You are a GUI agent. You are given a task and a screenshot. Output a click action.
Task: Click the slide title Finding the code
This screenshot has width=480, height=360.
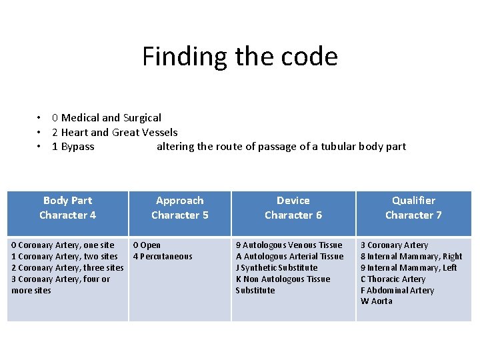pyautogui.click(x=239, y=57)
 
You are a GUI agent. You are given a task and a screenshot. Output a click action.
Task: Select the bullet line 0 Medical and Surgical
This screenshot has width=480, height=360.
pyautogui.click(x=107, y=118)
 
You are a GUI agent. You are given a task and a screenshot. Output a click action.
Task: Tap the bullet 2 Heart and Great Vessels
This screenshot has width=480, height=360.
pyautogui.click(x=115, y=132)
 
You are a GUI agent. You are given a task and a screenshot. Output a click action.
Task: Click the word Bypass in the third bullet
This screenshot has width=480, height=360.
pyautogui.click(x=77, y=147)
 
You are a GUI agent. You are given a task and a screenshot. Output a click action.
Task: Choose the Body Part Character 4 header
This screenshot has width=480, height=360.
pyautogui.click(x=67, y=207)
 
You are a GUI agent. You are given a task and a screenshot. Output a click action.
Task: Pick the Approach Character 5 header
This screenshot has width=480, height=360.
pyautogui.click(x=180, y=207)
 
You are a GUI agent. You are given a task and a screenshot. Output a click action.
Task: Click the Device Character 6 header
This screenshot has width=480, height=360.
pyautogui.click(x=293, y=207)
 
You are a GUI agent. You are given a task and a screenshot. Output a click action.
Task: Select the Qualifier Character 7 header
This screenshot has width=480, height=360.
pyautogui.click(x=413, y=207)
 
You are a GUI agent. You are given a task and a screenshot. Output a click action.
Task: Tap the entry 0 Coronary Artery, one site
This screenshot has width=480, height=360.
pyautogui.click(x=63, y=245)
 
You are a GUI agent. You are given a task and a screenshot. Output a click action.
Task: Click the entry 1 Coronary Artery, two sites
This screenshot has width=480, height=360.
pyautogui.click(x=65, y=256)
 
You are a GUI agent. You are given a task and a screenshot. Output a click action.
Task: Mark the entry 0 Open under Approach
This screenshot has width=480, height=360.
pyautogui.click(x=147, y=245)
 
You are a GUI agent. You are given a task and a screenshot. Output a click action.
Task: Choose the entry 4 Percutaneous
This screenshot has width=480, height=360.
pyautogui.click(x=163, y=256)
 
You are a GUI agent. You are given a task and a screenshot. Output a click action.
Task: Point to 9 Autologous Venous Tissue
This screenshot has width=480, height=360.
pyautogui.click(x=289, y=245)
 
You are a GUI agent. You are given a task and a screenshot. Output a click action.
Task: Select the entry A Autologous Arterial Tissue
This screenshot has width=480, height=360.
pyautogui.click(x=289, y=256)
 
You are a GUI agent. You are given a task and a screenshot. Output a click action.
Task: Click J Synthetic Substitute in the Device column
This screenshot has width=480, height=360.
pyautogui.click(x=277, y=267)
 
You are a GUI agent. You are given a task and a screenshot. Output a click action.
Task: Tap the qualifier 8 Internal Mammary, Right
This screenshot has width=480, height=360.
pyautogui.click(x=411, y=256)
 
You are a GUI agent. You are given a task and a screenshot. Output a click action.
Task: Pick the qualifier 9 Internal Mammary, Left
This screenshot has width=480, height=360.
pyautogui.click(x=409, y=267)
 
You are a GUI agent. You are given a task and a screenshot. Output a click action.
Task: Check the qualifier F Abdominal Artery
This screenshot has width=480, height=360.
pyautogui.click(x=397, y=290)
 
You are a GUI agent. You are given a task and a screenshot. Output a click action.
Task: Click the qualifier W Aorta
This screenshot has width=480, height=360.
pyautogui.click(x=377, y=301)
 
